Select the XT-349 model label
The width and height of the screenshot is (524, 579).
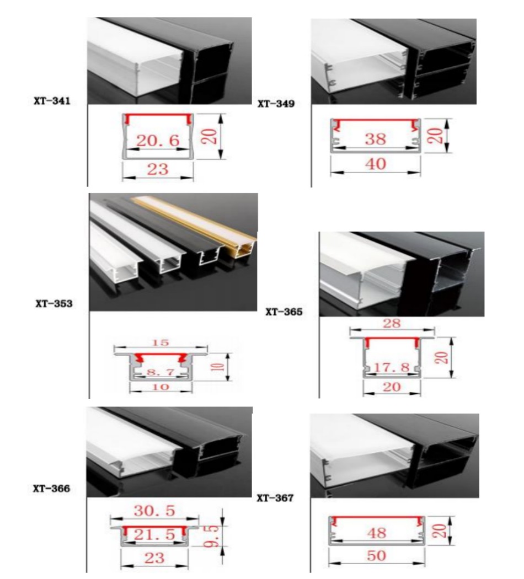point(276,103)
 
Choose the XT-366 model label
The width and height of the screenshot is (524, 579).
point(51,488)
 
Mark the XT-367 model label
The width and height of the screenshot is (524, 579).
point(275,498)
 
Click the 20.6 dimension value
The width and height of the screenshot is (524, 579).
point(158,141)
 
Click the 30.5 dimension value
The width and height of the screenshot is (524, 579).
point(155,511)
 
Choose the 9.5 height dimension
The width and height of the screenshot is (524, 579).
point(216,535)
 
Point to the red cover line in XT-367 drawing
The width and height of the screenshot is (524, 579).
point(377,518)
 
